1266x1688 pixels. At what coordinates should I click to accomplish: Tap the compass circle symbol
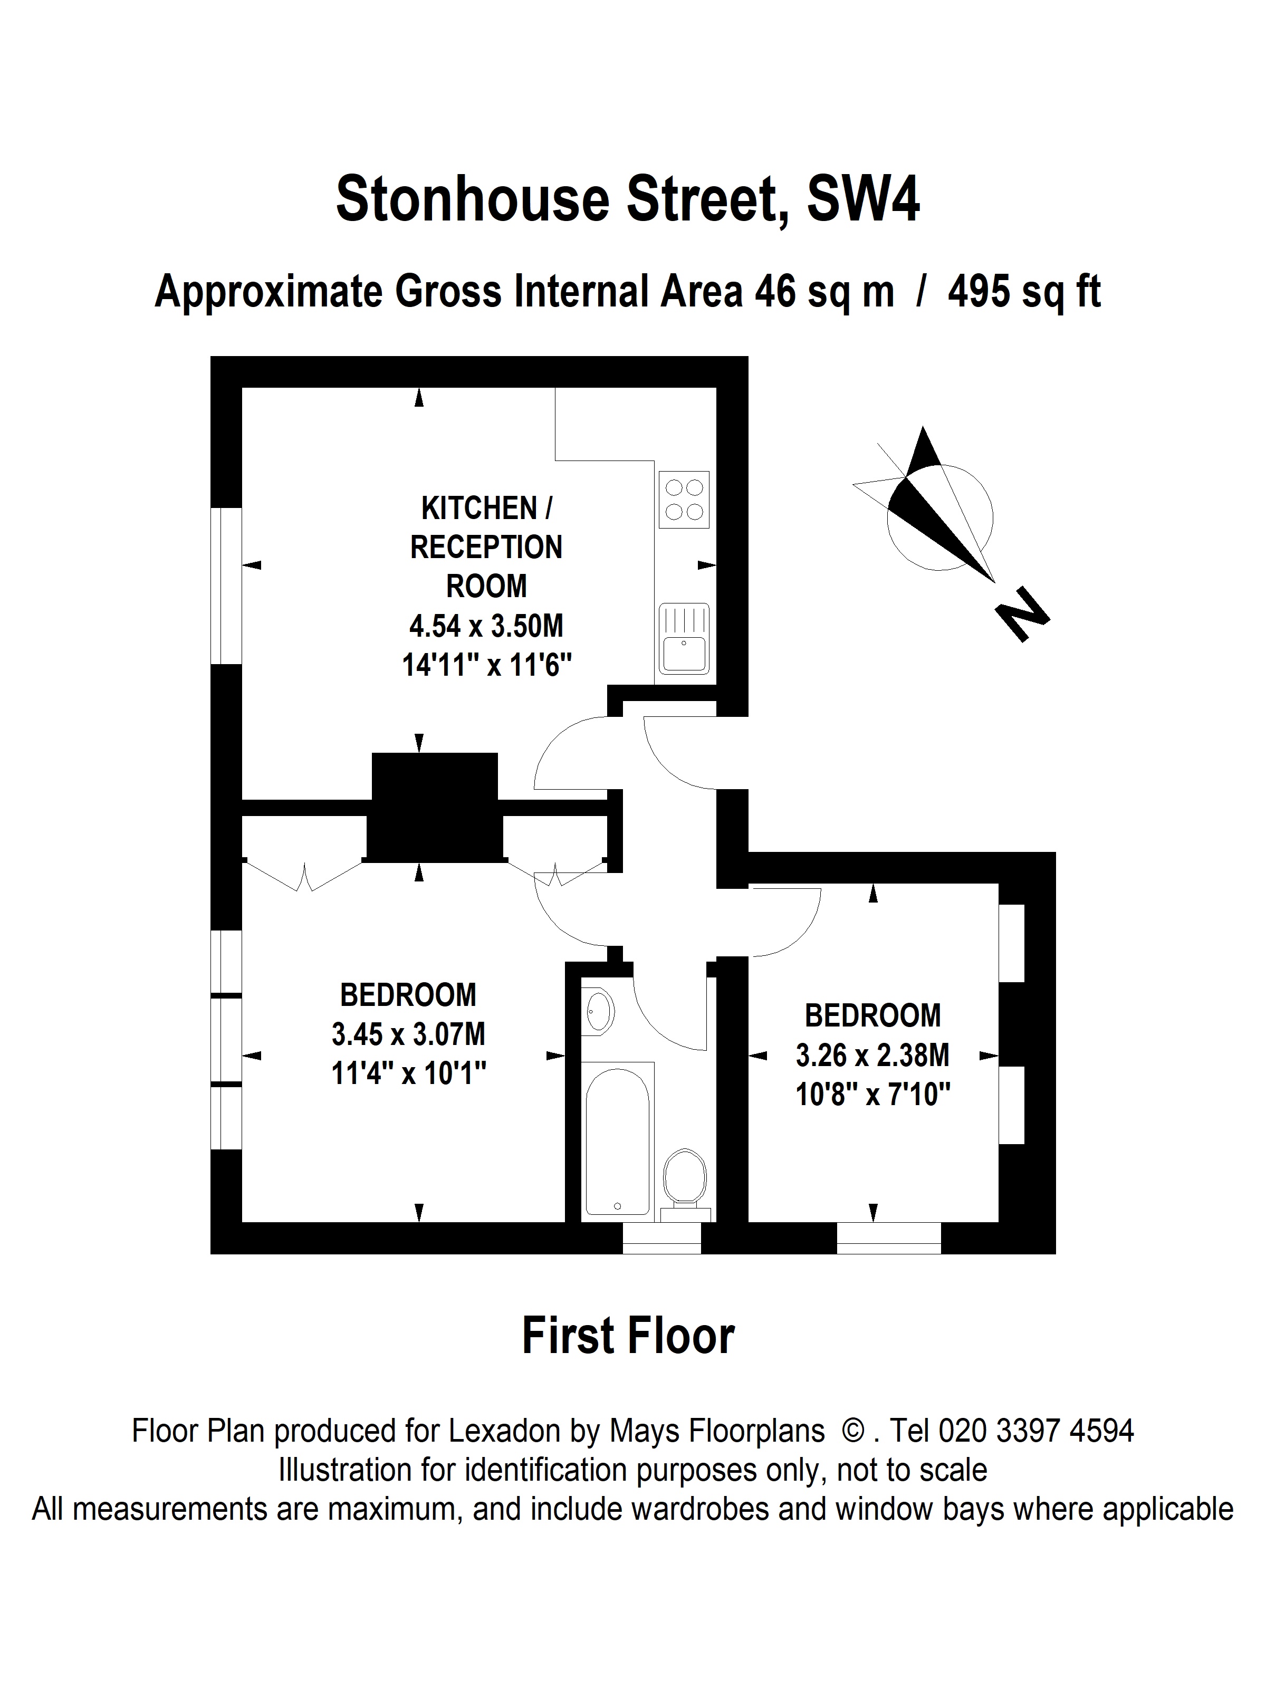[x=939, y=517]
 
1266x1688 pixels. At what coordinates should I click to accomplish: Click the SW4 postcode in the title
[x=863, y=198]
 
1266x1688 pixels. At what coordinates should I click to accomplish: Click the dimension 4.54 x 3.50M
[x=486, y=626]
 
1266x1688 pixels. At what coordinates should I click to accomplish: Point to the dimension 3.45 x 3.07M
[x=408, y=1035]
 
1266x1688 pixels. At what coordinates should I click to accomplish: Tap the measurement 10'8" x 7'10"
[x=873, y=1095]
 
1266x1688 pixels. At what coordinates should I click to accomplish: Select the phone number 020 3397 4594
[x=1035, y=1431]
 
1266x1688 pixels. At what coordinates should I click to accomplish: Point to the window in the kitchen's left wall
[x=226, y=586]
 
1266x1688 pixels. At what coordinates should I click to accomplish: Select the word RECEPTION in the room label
[x=486, y=547]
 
